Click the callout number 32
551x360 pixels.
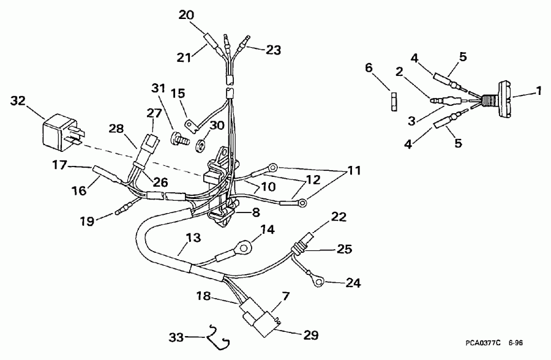pyautogui.click(x=19, y=102)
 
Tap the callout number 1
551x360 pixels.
pyautogui.click(x=539, y=91)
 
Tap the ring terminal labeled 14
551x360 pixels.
pyautogui.click(x=243, y=248)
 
